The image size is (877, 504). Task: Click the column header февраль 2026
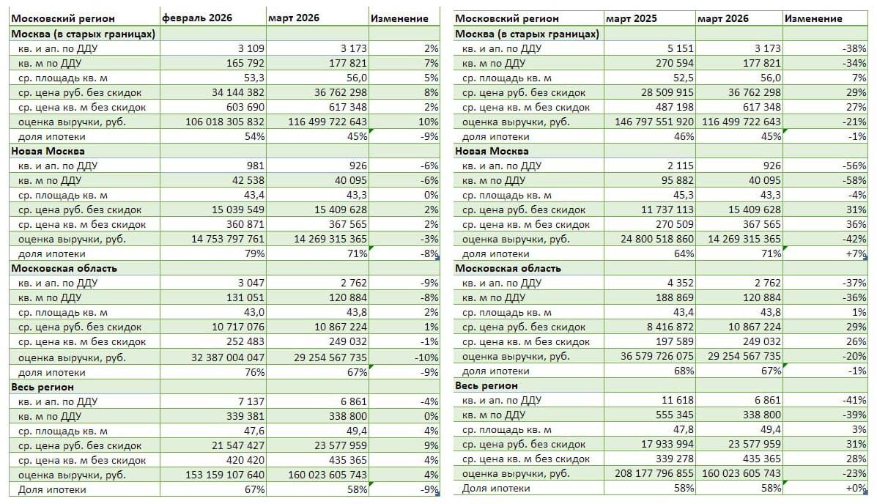[x=197, y=18]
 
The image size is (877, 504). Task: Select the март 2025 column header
[x=632, y=18]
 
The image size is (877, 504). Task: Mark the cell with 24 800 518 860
[x=649, y=239]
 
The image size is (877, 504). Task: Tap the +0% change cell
[x=854, y=488]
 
